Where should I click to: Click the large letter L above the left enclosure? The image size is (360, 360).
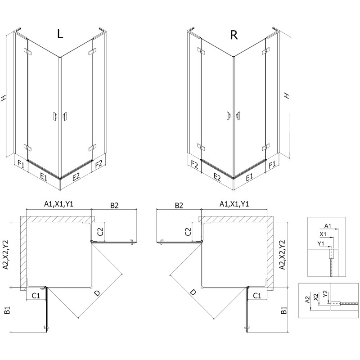[x=60, y=35]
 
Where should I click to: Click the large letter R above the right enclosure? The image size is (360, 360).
[x=234, y=36]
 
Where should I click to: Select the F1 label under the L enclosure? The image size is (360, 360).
[x=21, y=163]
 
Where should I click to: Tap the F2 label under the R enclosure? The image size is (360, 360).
[x=194, y=164]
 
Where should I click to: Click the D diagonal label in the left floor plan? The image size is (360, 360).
[x=96, y=293]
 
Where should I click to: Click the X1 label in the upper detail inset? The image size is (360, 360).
[x=323, y=234]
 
